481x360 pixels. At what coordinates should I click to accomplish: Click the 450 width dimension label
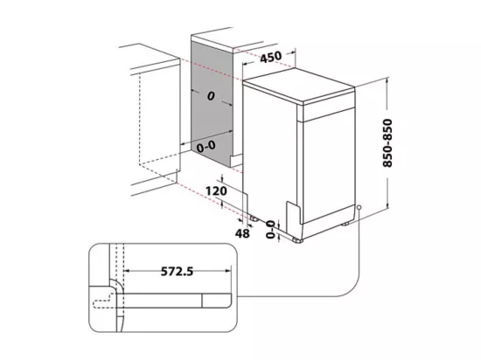pyautogui.click(x=270, y=57)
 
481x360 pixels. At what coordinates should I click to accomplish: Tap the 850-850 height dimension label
pyautogui.click(x=387, y=143)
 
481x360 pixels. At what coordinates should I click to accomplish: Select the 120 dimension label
pyautogui.click(x=216, y=191)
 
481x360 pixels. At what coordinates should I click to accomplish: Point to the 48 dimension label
pyautogui.click(x=242, y=234)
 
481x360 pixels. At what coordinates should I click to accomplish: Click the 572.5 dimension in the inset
pyautogui.click(x=177, y=271)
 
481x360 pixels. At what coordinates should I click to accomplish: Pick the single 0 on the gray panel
pyautogui.click(x=211, y=96)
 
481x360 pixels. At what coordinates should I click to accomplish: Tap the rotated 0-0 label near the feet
pyautogui.click(x=270, y=230)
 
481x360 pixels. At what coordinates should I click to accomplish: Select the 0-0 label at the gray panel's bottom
pyautogui.click(x=206, y=147)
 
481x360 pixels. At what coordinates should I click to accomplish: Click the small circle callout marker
pyautogui.click(x=359, y=207)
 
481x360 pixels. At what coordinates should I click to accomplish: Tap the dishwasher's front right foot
pyautogui.click(x=346, y=224)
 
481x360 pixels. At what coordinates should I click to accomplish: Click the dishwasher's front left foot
pyautogui.click(x=297, y=240)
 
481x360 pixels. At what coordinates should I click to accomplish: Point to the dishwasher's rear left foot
pyautogui.click(x=254, y=218)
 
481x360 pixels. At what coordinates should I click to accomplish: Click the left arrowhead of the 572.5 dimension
pyautogui.click(x=127, y=271)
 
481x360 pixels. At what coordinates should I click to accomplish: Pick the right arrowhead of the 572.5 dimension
pyautogui.click(x=227, y=271)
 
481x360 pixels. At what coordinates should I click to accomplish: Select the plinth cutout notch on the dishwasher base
pyautogui.click(x=293, y=213)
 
